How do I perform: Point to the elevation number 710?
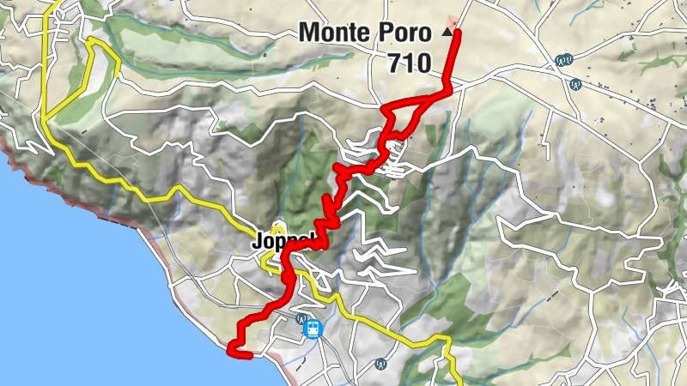coord(409,63)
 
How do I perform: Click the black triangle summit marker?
coord(447,32)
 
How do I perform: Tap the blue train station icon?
coord(313,329)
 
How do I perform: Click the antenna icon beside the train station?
coord(301,318)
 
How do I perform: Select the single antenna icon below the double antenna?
coord(576,84)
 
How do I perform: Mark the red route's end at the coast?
coord(231,348)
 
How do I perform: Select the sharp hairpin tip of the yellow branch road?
coord(91,40)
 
